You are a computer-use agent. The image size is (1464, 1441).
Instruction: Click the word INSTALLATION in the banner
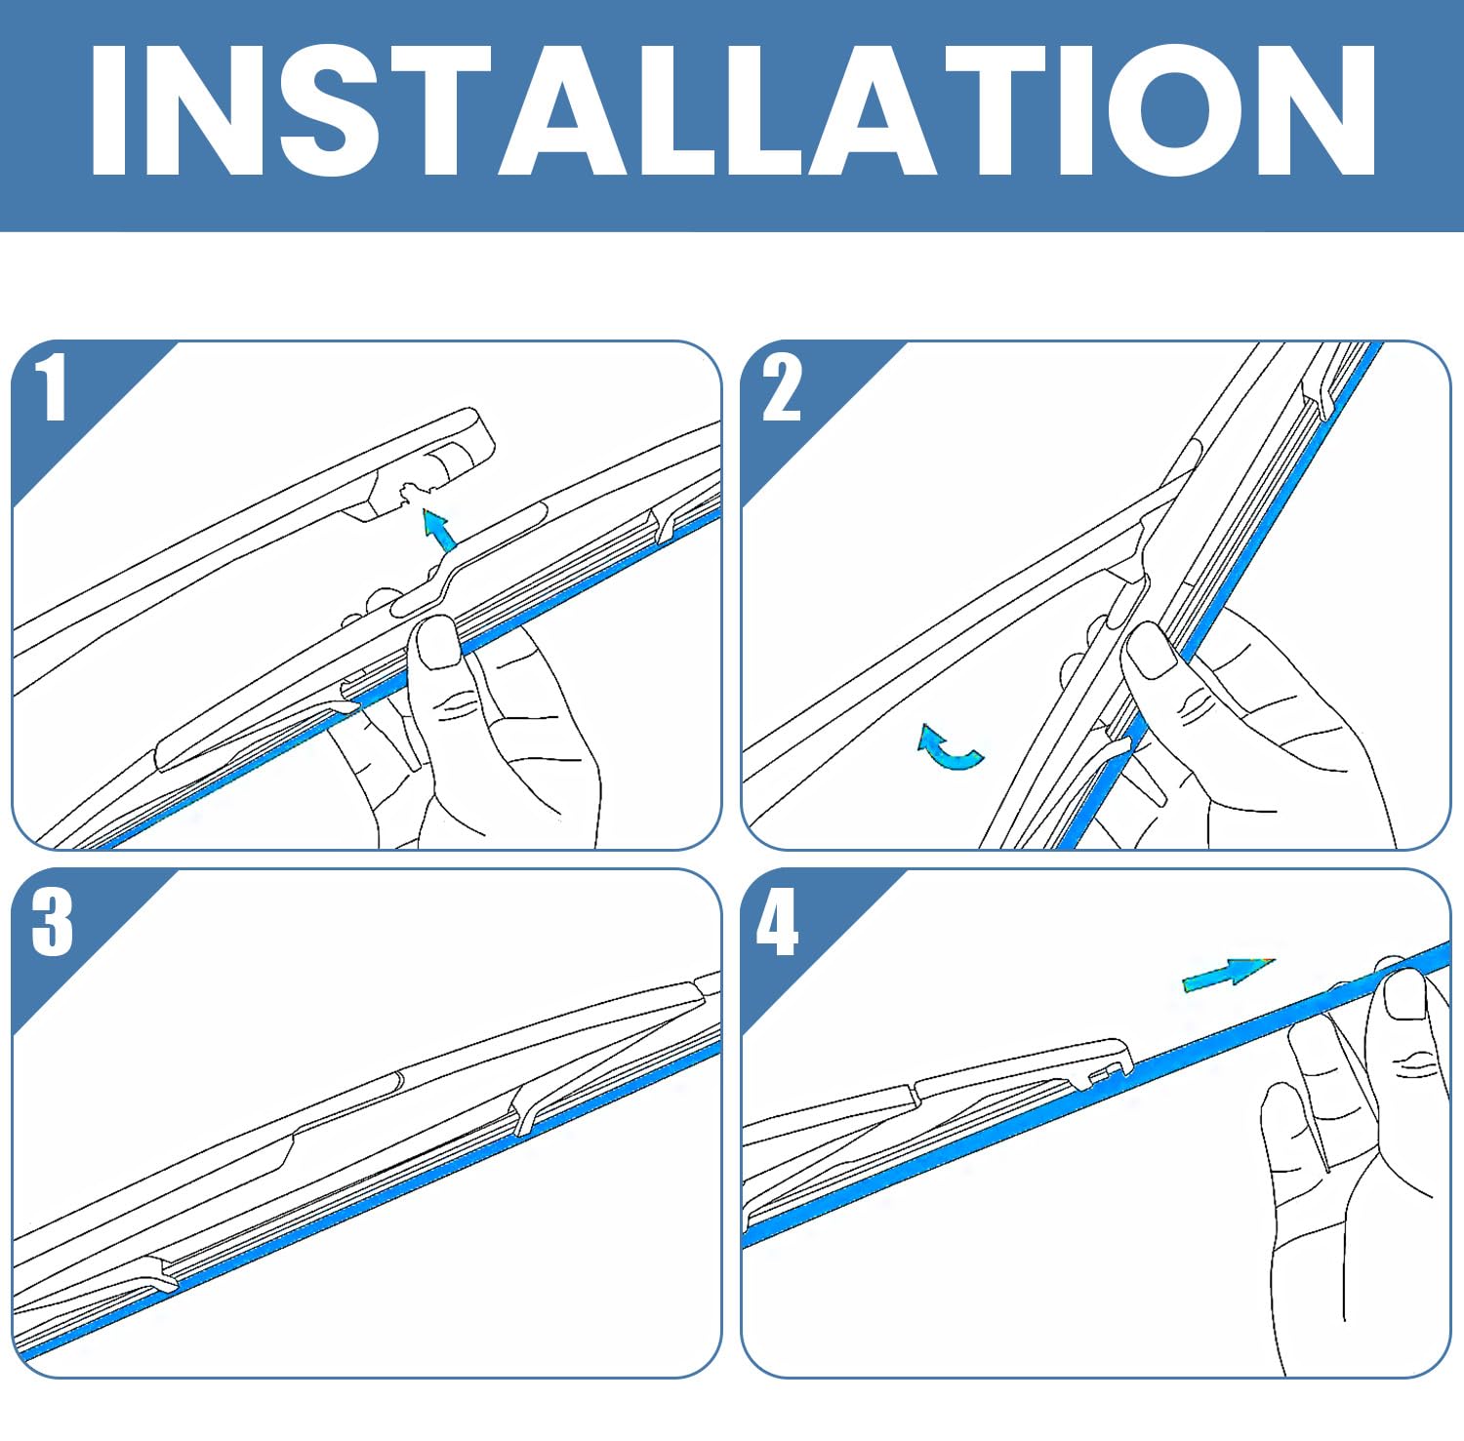[733, 109]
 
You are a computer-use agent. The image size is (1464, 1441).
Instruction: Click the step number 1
[52, 387]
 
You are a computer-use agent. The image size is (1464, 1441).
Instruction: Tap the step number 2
[782, 387]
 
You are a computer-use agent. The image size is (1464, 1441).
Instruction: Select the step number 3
[52, 921]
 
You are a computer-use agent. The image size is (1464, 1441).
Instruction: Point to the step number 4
[778, 921]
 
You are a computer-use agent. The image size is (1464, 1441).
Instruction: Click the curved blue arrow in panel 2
[950, 748]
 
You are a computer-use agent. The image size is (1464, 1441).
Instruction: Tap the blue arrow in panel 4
[1228, 974]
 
